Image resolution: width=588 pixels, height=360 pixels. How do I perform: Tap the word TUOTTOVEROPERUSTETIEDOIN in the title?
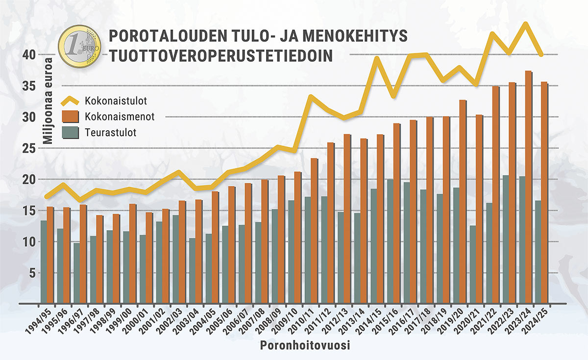point(221,55)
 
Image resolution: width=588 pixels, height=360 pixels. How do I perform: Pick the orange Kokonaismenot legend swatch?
point(70,118)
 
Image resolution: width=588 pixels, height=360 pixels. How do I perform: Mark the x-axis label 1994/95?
point(41,321)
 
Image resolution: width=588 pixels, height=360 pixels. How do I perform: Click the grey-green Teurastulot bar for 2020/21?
point(473,264)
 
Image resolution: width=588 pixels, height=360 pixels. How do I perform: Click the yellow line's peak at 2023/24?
point(525,24)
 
